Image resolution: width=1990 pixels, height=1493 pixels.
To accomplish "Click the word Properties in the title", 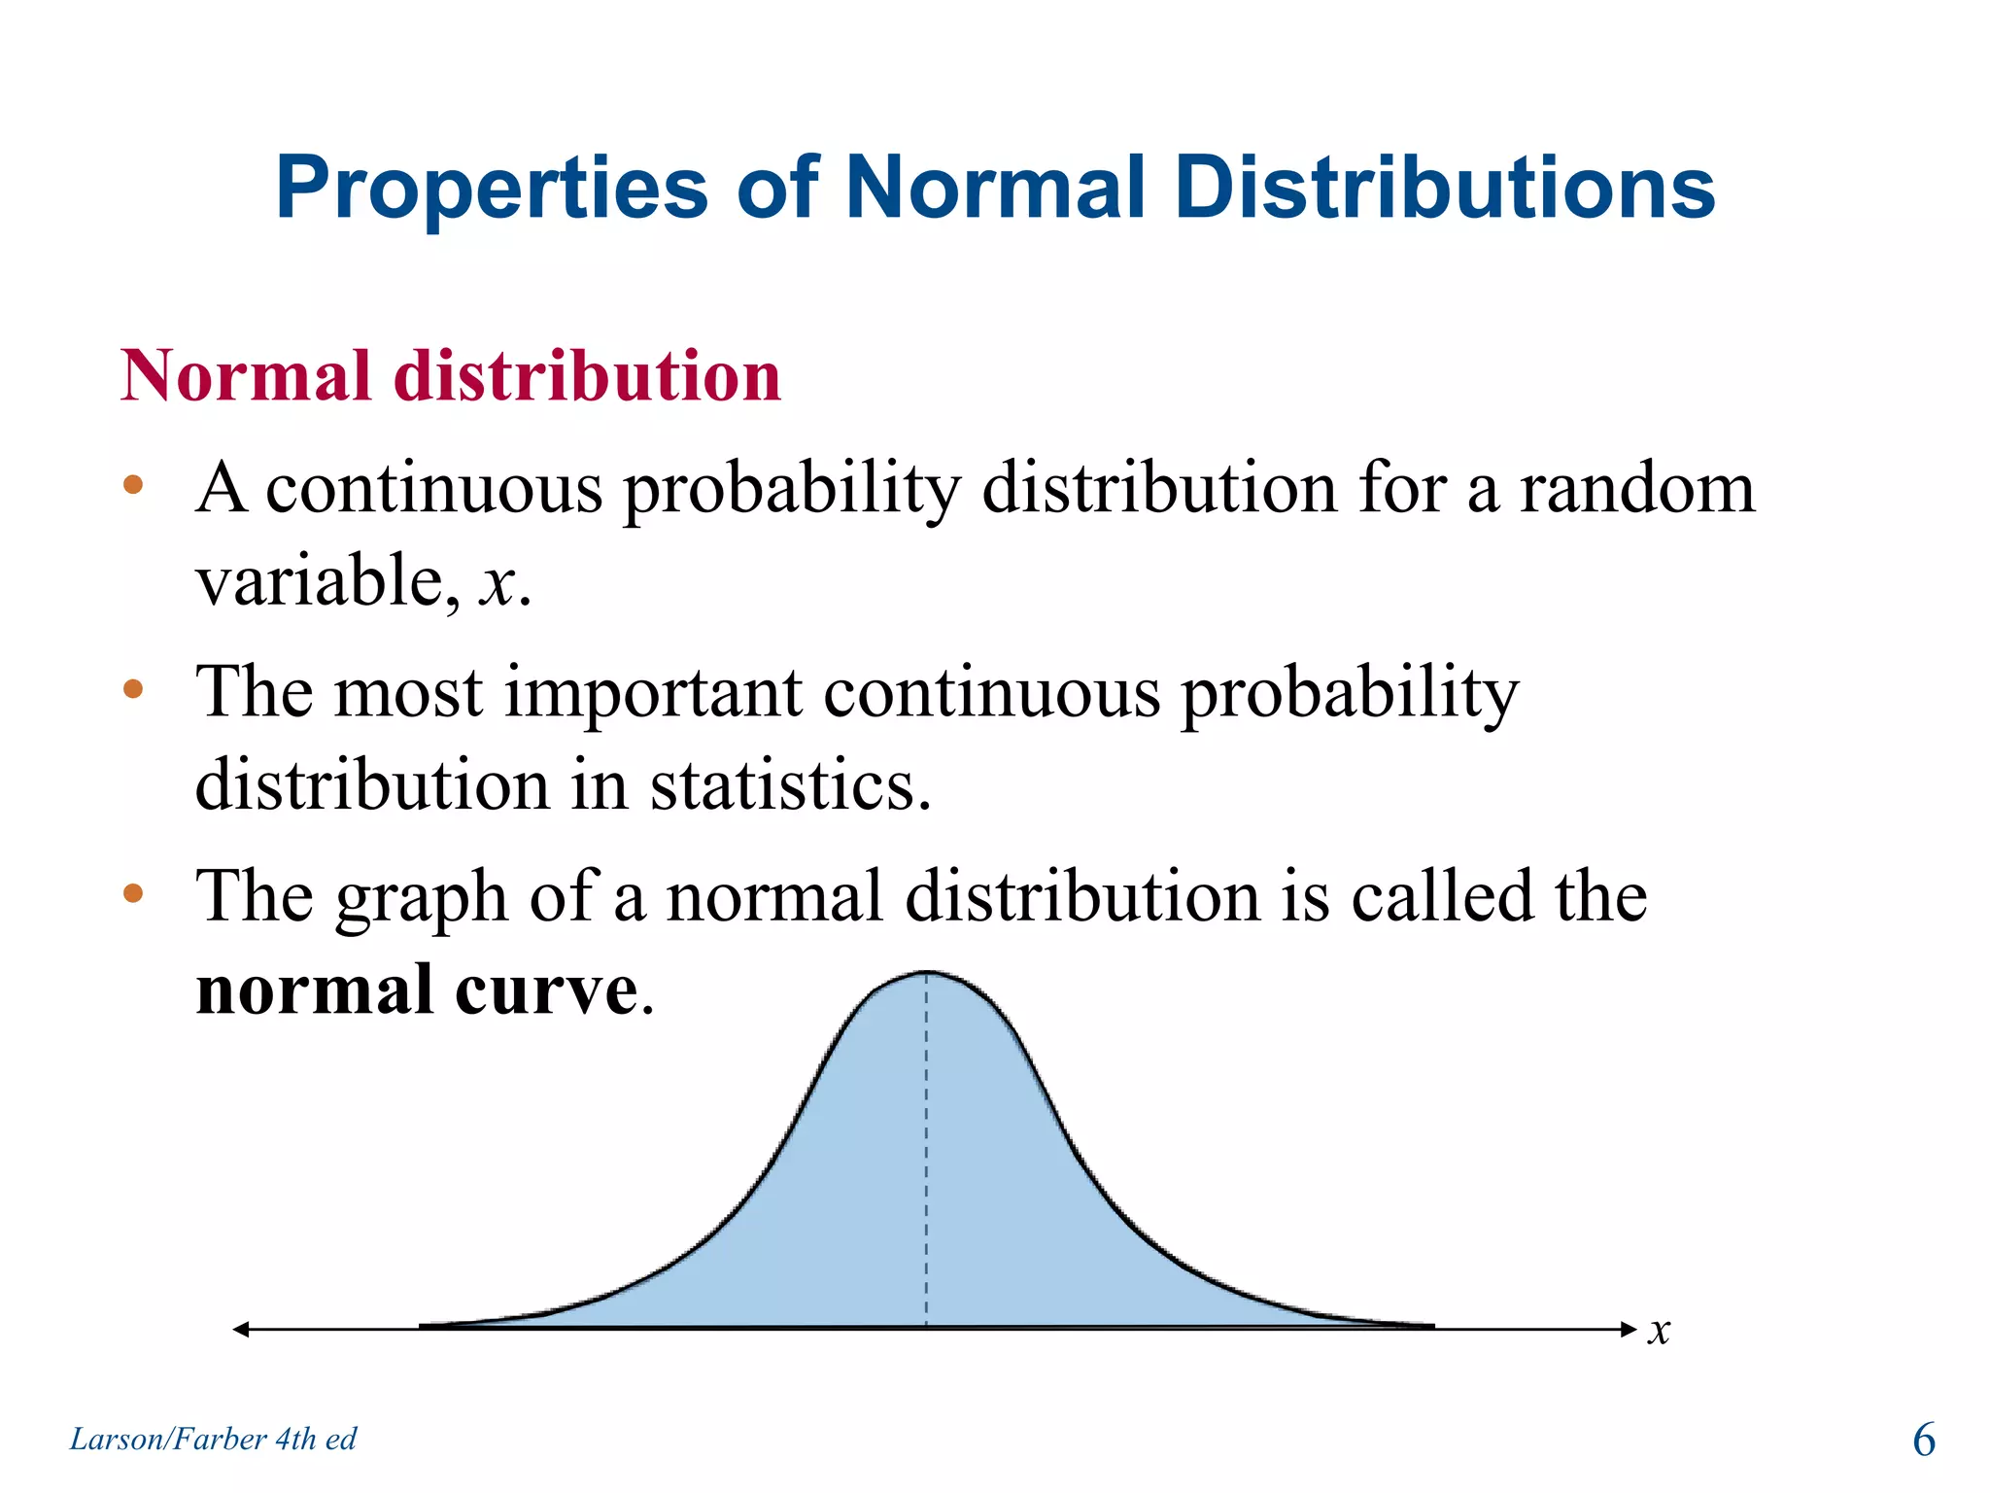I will click(x=492, y=190).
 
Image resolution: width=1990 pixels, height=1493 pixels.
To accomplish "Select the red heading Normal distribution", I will click(x=451, y=376).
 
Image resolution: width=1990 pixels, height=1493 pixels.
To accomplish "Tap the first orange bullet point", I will click(x=133, y=485).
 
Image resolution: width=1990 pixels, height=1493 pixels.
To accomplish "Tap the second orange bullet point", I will click(x=133, y=690).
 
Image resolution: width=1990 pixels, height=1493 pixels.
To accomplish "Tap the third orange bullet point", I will click(x=133, y=893).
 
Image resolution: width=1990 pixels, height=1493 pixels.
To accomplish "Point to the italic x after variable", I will click(x=497, y=584).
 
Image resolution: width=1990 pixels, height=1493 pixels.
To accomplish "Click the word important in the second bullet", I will click(x=653, y=693).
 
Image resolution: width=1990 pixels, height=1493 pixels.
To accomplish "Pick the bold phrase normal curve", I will click(x=417, y=990).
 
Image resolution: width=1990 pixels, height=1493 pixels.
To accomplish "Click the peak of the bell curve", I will click(x=926, y=973).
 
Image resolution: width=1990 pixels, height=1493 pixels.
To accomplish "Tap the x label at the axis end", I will click(x=1659, y=1331).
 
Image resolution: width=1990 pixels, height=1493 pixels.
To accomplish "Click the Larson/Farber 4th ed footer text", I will click(x=213, y=1439).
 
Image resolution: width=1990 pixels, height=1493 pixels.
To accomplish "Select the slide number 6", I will click(x=1923, y=1440).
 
